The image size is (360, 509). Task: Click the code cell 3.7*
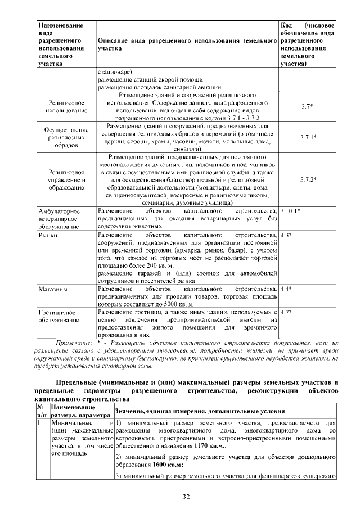307,106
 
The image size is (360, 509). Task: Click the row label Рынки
47,234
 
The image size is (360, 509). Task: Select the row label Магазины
53,289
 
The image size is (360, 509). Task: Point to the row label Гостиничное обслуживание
57,316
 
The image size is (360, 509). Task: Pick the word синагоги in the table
185,150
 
